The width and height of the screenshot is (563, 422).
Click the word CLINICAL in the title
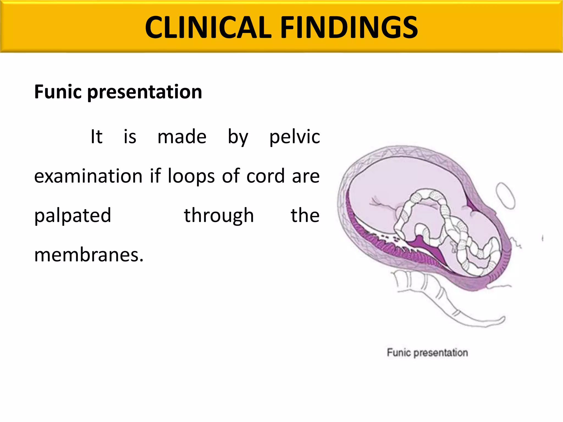pyautogui.click(x=208, y=27)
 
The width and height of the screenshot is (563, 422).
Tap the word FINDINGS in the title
pyautogui.click(x=349, y=27)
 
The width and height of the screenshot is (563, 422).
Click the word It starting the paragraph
pyautogui.click(x=96, y=137)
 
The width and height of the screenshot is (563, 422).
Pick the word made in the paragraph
pyautogui.click(x=182, y=137)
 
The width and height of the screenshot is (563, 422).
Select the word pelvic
pyautogui.click(x=294, y=137)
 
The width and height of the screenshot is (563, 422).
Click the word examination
pyautogui.click(x=88, y=176)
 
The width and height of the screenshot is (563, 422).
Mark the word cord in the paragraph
pyautogui.click(x=265, y=176)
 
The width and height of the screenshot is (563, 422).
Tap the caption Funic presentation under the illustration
pyautogui.click(x=427, y=352)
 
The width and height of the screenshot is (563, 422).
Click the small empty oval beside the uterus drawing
pyautogui.click(x=505, y=196)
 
